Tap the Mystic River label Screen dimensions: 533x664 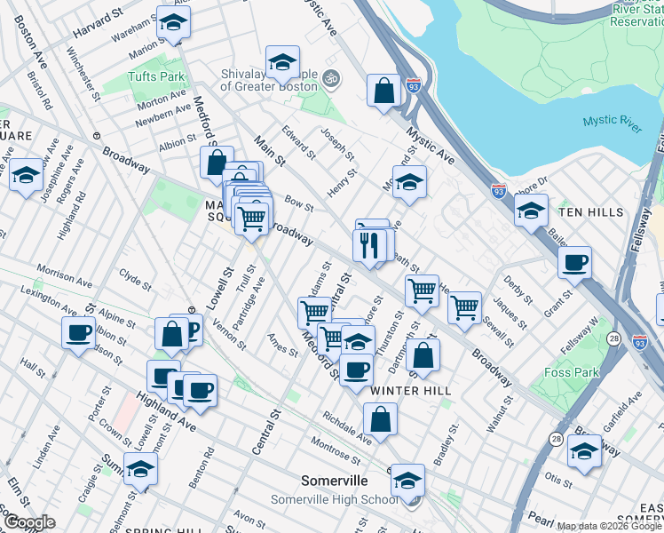tap(613, 123)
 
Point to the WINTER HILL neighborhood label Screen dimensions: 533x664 tap(411, 391)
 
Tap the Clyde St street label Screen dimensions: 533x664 tap(135, 280)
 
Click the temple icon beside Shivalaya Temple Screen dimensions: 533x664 tap(331, 78)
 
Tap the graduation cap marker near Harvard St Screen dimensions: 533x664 tap(173, 22)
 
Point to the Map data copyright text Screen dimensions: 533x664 tap(608, 527)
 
